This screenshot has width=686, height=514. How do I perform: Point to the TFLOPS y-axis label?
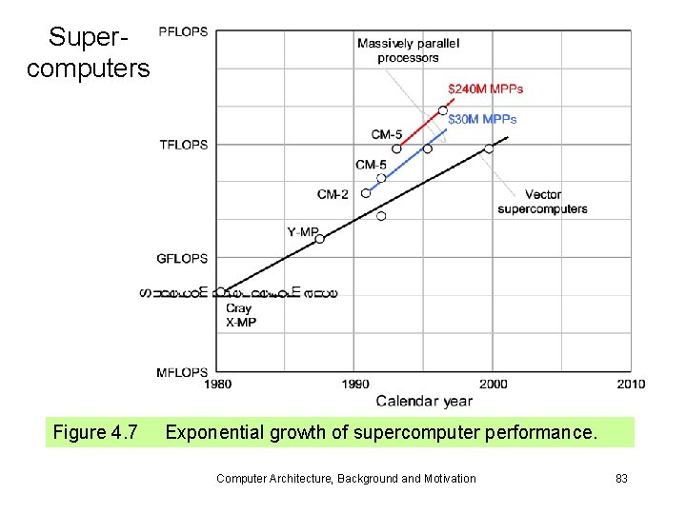(x=183, y=145)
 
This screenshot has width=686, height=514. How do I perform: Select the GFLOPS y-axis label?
(x=182, y=258)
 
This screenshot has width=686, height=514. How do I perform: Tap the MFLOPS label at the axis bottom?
(x=182, y=372)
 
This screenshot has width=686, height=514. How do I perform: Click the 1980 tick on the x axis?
(x=216, y=385)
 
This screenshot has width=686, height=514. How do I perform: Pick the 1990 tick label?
(x=353, y=385)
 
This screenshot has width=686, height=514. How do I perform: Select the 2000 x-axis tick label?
(x=493, y=385)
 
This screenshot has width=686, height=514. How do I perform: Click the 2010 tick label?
(x=630, y=385)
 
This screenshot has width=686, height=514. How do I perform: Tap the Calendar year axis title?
(x=424, y=401)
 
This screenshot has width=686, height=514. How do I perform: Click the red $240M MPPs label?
(x=485, y=89)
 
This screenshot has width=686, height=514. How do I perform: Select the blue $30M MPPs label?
(x=482, y=119)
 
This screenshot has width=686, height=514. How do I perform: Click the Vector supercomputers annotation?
(x=542, y=202)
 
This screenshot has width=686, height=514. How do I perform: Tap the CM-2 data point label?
(x=333, y=194)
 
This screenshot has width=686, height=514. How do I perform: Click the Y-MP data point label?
(x=302, y=231)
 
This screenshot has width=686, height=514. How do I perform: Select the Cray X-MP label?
(x=240, y=315)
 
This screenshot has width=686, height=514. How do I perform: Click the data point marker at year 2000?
(x=489, y=148)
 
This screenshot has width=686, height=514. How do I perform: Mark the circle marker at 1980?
(x=221, y=292)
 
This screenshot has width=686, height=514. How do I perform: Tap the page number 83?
(x=621, y=478)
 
